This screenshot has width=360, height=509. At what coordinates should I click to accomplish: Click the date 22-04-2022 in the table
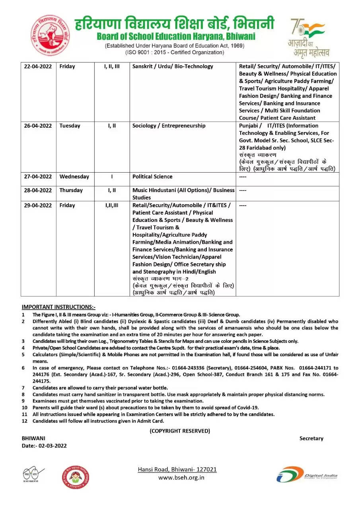38,66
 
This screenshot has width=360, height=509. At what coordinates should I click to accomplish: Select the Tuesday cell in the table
70,126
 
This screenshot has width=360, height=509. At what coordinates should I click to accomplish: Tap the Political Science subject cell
152,177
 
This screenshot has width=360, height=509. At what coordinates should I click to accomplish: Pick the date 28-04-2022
38,190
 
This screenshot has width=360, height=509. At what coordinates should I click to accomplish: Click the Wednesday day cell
74,177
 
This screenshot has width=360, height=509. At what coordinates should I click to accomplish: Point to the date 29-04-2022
38,205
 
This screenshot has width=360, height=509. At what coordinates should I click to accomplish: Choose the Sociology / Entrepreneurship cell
169,126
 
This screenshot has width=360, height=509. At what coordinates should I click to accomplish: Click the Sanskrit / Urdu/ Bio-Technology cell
173,66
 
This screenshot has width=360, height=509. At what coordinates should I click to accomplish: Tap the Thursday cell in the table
72,190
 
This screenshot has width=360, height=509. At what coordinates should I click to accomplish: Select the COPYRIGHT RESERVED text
180,431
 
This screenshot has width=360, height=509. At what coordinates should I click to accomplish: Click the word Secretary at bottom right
311,438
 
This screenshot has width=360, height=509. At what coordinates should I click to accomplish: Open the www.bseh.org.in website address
181,477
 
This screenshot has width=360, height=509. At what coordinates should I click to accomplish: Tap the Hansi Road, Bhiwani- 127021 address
177,469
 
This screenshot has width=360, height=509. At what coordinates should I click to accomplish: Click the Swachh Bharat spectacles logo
33,474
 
